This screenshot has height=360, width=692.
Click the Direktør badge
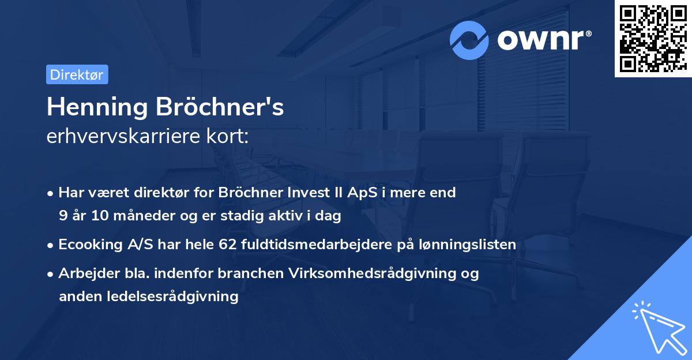(x=77, y=74)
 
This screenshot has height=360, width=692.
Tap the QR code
(x=653, y=39)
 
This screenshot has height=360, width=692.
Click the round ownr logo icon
(x=469, y=40)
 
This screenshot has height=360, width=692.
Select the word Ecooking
(x=90, y=245)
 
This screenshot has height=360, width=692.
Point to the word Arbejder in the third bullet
(x=85, y=273)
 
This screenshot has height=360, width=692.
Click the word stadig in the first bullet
(x=234, y=216)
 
